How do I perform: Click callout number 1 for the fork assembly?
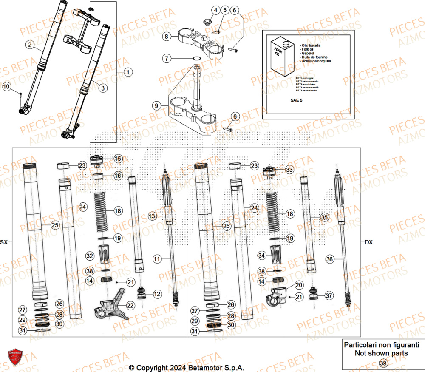[x=127, y=73]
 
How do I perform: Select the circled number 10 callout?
[x=6, y=87]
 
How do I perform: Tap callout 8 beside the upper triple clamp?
[x=167, y=37]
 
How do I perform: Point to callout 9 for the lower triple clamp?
[x=156, y=105]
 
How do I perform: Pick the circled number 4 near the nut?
[x=216, y=10]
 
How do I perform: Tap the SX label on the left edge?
[x=4, y=242]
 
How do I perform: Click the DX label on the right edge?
[x=368, y=242]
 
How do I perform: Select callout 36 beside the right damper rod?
[x=330, y=258]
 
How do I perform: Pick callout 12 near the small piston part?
[x=157, y=294]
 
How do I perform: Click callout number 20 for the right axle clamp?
[x=299, y=285]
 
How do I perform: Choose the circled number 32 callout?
[x=90, y=256]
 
